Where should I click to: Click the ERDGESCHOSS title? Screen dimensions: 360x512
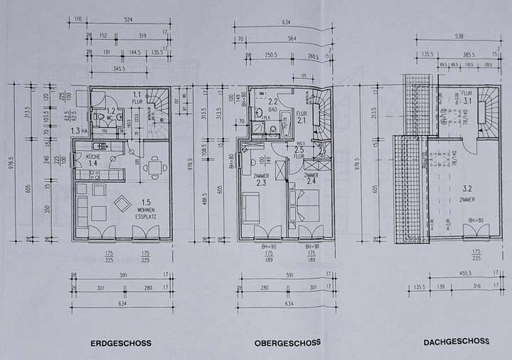pyautogui.click(x=121, y=343)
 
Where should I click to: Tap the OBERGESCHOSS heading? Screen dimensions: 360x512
pyautogui.click(x=287, y=343)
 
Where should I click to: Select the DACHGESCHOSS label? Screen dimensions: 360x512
pyautogui.click(x=456, y=342)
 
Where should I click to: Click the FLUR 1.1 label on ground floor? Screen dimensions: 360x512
pyautogui.click(x=137, y=97)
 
